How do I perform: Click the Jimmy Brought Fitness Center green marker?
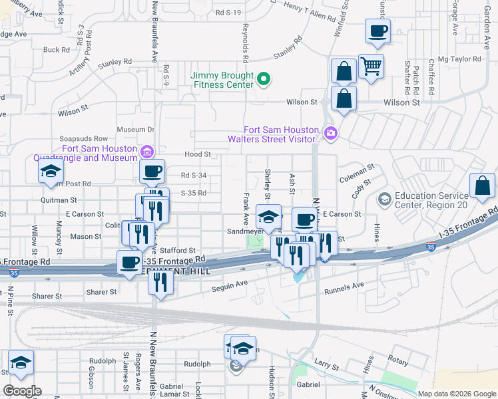click(x=264, y=80)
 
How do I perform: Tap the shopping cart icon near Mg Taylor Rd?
click(x=371, y=65)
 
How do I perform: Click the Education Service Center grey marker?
click(x=383, y=199)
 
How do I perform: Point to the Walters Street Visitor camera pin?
click(x=331, y=134)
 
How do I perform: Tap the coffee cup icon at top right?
click(x=377, y=31)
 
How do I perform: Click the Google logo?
click(x=22, y=391)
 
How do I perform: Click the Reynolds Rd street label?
click(x=246, y=41)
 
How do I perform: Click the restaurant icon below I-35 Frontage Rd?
click(x=160, y=282)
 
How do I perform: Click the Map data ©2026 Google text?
click(x=456, y=394)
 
